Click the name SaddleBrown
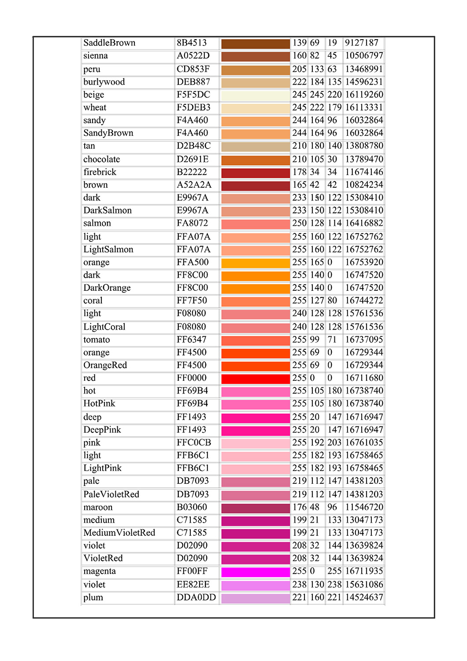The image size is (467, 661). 109,43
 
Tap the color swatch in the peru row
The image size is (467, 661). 256,70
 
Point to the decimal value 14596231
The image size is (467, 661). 364,82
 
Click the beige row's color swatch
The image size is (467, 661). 256,96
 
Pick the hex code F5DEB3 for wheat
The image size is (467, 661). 193,108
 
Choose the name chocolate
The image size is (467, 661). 101,159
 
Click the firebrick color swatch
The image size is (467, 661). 256,173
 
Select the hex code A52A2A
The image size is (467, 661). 194,185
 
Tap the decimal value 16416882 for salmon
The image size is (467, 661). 364,223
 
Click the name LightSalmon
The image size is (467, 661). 108,250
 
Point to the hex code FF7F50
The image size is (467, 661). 192,301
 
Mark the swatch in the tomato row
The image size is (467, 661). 256,341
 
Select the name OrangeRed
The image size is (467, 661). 105,365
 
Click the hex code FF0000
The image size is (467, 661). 192,378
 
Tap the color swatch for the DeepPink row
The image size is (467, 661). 256,431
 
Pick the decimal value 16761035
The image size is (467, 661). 364,442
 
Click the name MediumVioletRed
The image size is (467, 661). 119,533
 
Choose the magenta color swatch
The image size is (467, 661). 256,572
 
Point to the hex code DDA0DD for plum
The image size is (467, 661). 196,598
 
